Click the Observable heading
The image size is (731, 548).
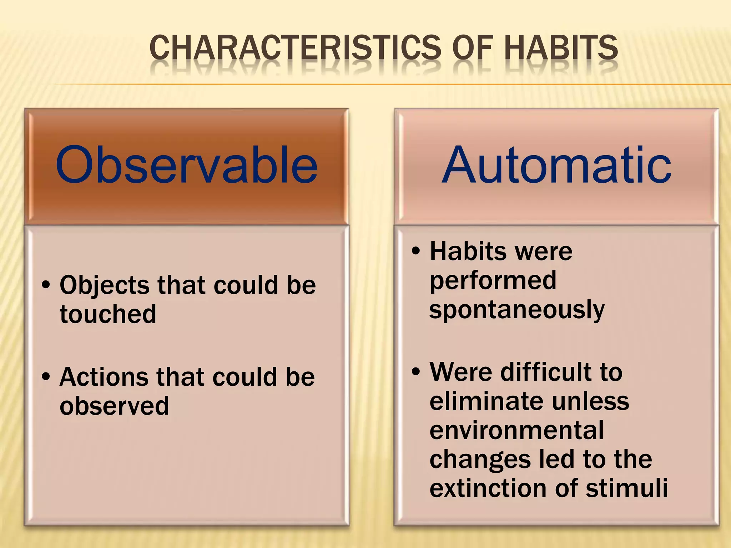coord(186,165)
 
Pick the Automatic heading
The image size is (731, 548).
coord(556,165)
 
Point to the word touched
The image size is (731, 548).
coord(108,314)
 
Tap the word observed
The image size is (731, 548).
coord(114,406)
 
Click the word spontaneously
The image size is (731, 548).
coord(517,310)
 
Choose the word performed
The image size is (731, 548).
coord(493,281)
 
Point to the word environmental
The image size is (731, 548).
coord(516,430)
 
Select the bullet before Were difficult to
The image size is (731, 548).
coord(416,372)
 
